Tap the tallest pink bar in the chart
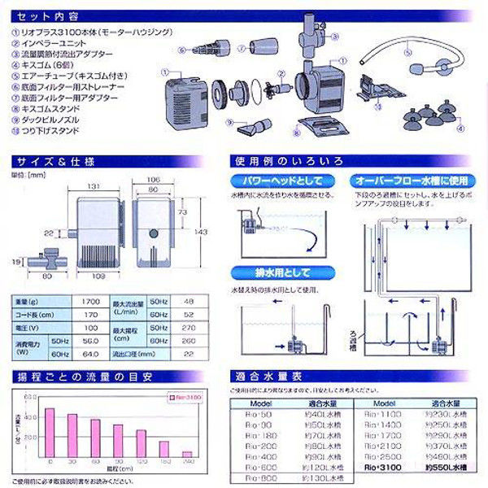click(50, 432)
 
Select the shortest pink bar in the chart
click(188, 453)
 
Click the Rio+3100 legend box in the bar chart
click(184, 398)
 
